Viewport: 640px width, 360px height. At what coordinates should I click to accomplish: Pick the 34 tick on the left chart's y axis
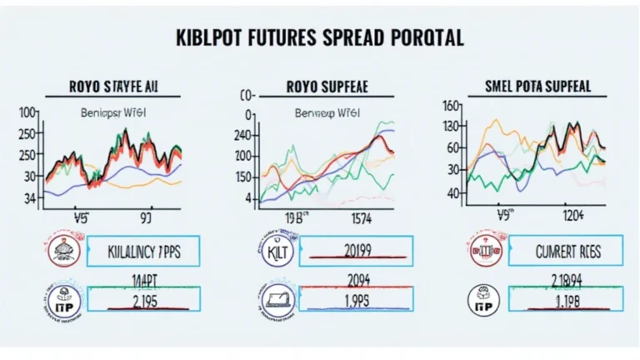click(30, 198)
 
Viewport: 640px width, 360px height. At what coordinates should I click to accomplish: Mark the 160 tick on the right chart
click(452, 106)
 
